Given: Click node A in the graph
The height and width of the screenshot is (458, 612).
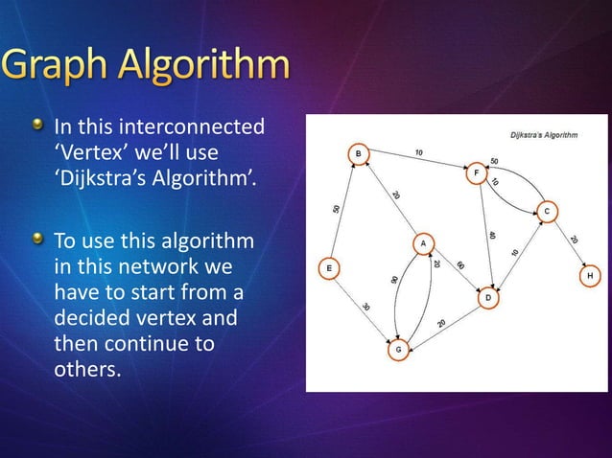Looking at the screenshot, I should tap(423, 243).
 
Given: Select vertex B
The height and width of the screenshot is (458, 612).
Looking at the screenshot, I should tap(357, 153).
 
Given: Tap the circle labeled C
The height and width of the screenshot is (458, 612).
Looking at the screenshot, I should tap(546, 211).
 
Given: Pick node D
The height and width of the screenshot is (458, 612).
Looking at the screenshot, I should tap(488, 298).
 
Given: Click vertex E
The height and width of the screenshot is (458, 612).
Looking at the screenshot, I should tap(329, 269).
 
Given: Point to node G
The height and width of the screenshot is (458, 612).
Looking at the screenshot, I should tap(398, 351).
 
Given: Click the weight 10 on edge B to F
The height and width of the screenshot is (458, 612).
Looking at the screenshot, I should tap(419, 152).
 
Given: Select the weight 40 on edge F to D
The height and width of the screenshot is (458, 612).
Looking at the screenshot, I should tap(491, 235).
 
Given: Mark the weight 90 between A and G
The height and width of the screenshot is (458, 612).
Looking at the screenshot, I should tap(393, 279).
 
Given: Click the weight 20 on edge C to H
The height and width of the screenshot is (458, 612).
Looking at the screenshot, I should tap(573, 240).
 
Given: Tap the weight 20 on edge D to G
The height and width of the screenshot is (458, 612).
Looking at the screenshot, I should tap(441, 324).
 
